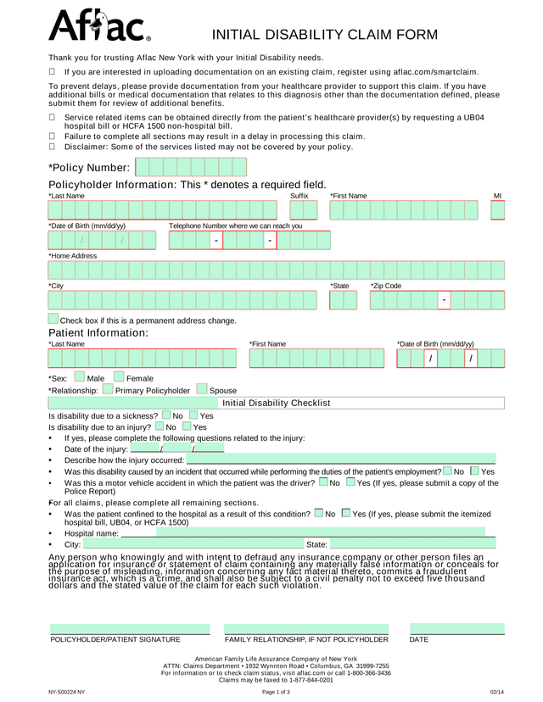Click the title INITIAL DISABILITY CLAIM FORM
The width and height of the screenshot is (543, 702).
(325, 35)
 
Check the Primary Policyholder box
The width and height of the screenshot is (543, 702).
(108, 390)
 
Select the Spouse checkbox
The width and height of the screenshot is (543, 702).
(202, 390)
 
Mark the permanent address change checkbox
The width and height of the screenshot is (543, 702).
(53, 320)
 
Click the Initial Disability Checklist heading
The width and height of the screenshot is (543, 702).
(276, 403)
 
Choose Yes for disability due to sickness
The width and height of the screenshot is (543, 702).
(193, 415)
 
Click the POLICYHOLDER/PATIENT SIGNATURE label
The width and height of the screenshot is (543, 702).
(115, 639)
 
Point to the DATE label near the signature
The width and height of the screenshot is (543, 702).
(419, 639)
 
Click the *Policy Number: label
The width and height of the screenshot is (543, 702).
(89, 168)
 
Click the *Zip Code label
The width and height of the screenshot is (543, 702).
(386, 286)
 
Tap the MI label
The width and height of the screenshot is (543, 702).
(498, 196)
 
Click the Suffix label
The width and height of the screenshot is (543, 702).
(299, 196)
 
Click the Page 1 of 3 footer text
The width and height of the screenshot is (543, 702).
(276, 692)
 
